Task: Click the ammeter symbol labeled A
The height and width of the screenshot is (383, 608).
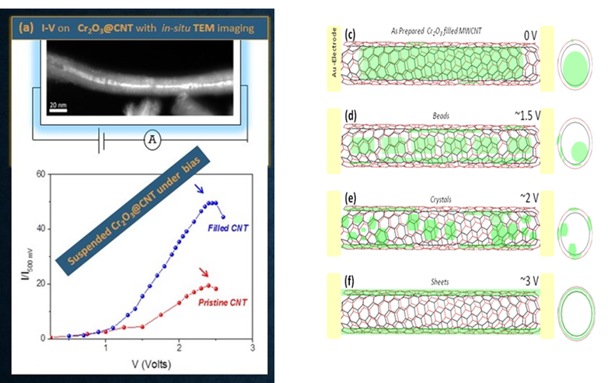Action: coord(153,140)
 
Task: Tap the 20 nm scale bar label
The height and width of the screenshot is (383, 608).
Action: coord(58,103)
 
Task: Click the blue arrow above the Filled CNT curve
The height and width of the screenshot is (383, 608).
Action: coord(200,189)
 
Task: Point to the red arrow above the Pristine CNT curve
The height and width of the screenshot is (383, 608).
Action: coord(204,272)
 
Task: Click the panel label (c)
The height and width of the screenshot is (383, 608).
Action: coord(350,34)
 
